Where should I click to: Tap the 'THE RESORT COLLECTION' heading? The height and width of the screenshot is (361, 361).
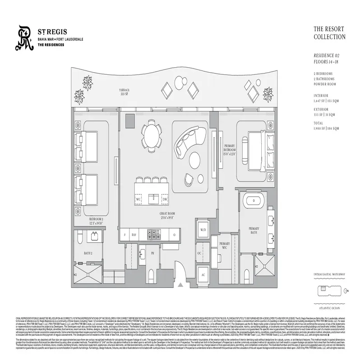click(329, 33)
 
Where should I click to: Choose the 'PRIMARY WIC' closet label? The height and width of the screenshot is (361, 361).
click(224, 246)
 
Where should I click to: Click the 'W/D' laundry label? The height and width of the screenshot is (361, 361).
click(203, 230)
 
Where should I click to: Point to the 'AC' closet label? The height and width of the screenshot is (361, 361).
click(203, 274)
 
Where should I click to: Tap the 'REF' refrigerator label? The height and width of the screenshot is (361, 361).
click(134, 235)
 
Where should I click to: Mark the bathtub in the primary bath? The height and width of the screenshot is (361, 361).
click(254, 200)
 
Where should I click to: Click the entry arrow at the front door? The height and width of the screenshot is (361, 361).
click(180, 284)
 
